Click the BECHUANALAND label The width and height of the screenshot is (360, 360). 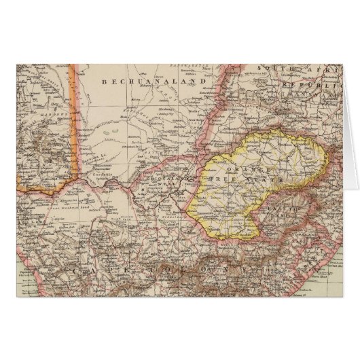[x=134, y=81]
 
